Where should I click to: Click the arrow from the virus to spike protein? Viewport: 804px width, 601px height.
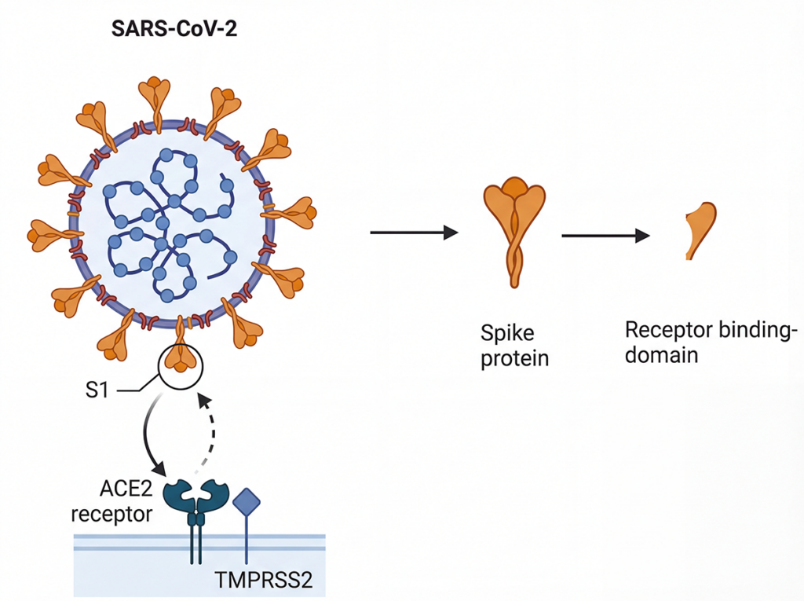pos(413,232)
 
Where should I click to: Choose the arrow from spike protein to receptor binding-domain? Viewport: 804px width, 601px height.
pos(605,235)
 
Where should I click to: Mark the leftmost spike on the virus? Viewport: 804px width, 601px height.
pos(47,233)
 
